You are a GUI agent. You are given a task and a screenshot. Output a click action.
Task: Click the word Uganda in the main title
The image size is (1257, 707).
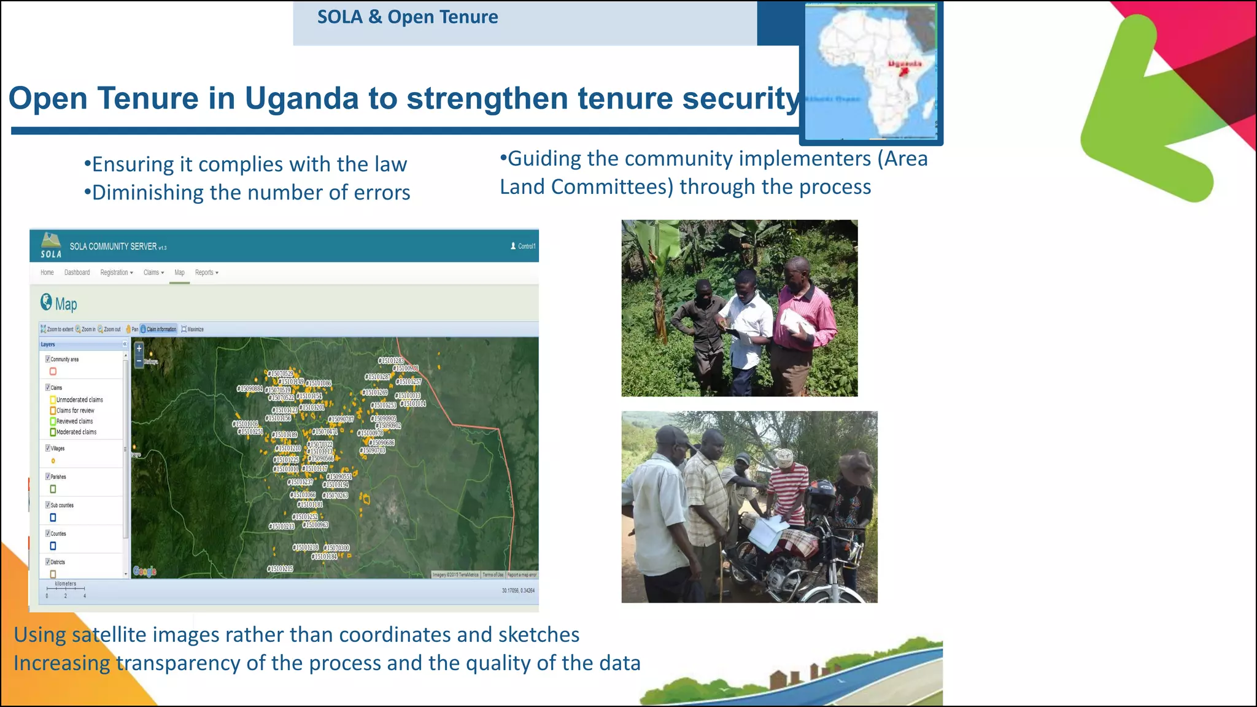click(x=301, y=99)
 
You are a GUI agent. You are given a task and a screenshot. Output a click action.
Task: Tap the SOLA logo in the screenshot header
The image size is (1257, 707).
click(x=51, y=245)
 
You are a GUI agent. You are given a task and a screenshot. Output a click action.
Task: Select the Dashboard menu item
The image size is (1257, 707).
click(x=77, y=272)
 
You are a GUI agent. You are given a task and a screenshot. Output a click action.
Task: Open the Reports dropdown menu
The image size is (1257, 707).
click(x=206, y=272)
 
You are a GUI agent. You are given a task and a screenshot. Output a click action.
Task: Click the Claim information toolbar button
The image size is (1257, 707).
click(x=159, y=330)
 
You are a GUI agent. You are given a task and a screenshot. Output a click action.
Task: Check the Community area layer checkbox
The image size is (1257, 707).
click(x=48, y=359)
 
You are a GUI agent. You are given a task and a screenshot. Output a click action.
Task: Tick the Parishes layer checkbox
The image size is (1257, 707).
click(x=48, y=476)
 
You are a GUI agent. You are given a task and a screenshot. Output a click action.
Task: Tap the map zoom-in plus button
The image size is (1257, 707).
click(x=139, y=349)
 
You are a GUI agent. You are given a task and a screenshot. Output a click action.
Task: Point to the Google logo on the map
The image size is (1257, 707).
click(x=145, y=571)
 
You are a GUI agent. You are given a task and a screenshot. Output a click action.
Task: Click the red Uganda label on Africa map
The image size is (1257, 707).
click(x=905, y=64)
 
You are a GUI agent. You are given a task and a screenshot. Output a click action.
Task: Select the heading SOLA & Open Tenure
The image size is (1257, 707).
click(x=408, y=17)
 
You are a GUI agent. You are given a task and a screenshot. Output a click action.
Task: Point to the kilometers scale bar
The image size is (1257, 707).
click(x=66, y=589)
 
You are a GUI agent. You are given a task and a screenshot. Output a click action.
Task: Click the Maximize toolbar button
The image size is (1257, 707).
click(x=193, y=330)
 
